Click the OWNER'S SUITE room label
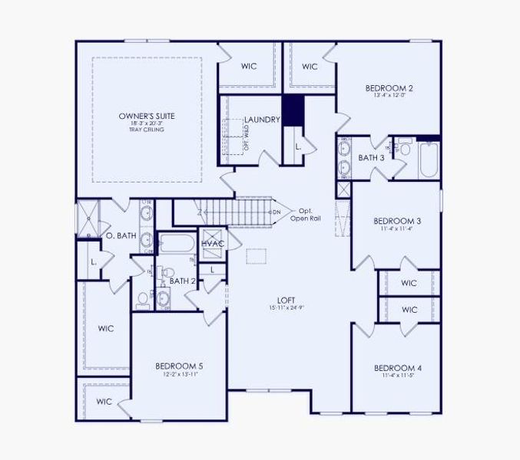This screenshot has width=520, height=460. click(x=146, y=117)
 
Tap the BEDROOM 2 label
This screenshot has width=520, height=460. click(x=389, y=88)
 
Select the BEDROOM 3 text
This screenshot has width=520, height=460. click(x=397, y=220)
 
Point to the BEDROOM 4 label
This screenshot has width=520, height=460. click(x=396, y=367)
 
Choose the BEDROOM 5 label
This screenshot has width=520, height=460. click(x=178, y=366)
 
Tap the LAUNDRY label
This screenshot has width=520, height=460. click(x=261, y=120)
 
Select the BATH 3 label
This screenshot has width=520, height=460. click(x=372, y=158)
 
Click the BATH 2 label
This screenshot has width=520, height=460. click(x=183, y=281)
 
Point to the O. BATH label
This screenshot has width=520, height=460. click(x=121, y=236)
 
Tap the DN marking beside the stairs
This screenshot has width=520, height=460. click(x=277, y=212)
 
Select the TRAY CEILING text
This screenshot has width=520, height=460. click(x=146, y=129)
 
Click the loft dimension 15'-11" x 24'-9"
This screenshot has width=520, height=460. click(x=287, y=308)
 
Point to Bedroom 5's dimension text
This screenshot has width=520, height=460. click(x=178, y=375)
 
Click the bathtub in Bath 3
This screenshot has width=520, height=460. click(x=426, y=159)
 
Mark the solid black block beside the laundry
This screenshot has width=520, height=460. click(x=293, y=110)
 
